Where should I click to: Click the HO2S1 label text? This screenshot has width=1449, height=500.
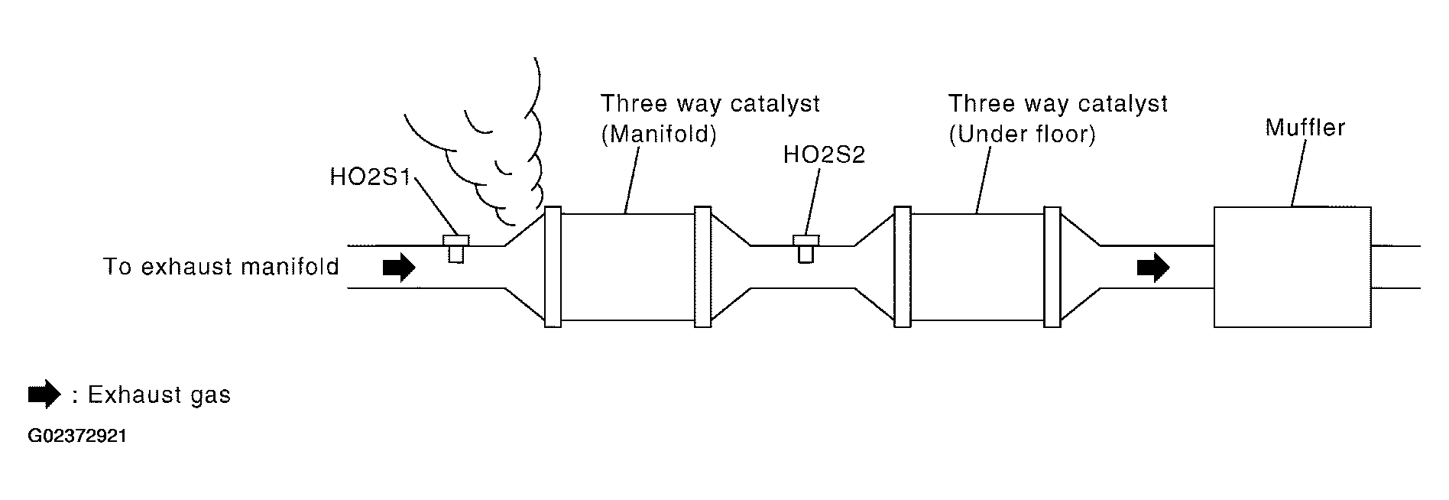[x=370, y=177]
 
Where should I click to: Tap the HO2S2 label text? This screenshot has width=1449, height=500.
[x=824, y=155]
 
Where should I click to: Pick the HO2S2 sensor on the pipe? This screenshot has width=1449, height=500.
[x=806, y=248]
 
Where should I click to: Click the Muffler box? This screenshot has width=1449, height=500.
[x=1292, y=267]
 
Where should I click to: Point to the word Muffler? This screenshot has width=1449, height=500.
[x=1305, y=127]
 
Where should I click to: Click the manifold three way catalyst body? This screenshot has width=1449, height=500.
[x=627, y=267]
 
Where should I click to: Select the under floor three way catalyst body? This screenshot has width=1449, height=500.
[x=977, y=267]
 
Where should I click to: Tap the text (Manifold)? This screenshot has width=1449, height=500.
[x=659, y=135]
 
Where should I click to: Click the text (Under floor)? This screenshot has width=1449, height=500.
[x=1022, y=135]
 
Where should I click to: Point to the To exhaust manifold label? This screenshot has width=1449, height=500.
[x=221, y=267]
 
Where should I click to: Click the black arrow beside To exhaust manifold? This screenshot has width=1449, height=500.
[x=399, y=267]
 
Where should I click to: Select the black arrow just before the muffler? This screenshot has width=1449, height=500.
[x=1153, y=267]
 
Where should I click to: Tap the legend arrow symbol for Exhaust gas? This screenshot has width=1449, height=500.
[x=44, y=394]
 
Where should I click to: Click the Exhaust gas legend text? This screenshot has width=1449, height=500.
[x=159, y=394]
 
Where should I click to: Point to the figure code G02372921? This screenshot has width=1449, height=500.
[x=77, y=437]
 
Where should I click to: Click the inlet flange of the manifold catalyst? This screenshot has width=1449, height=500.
[x=553, y=267]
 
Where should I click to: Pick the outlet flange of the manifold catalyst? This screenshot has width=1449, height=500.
[x=702, y=267]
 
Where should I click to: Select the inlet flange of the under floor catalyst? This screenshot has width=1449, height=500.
[x=903, y=267]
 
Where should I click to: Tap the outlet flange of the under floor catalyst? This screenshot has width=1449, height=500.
[x=1052, y=267]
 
